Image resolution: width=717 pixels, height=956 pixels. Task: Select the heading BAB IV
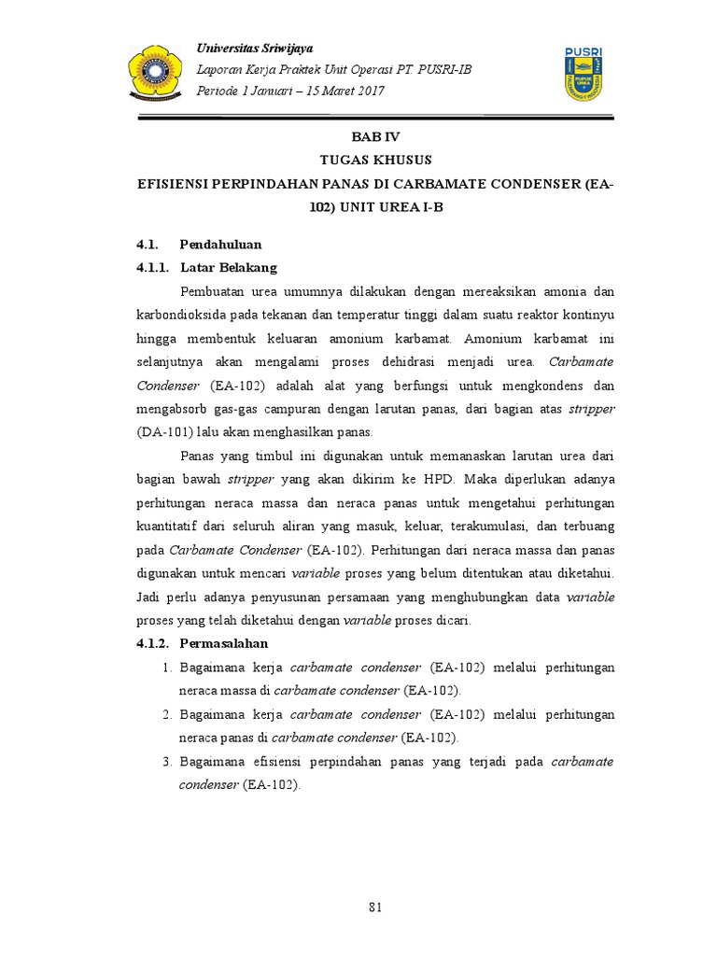376,136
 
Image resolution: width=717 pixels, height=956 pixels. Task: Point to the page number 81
376,907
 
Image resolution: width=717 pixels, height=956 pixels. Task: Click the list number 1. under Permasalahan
168,668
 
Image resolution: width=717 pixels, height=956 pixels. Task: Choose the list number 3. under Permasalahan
168,762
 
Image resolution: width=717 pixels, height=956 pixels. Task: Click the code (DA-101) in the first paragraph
169,431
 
